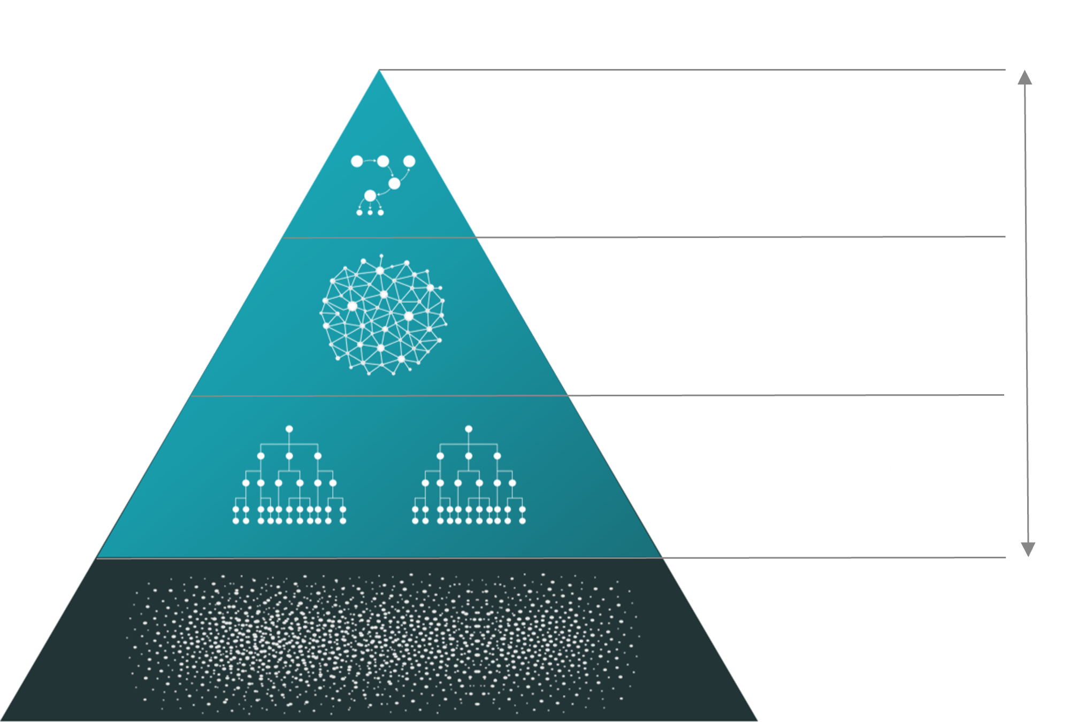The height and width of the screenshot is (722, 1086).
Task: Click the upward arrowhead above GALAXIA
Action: coord(1024,78)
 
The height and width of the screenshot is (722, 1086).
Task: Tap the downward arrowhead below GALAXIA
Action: coord(1028,549)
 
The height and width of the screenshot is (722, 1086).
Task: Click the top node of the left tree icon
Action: coord(289,429)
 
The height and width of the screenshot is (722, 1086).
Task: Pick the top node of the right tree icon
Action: coord(469,429)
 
